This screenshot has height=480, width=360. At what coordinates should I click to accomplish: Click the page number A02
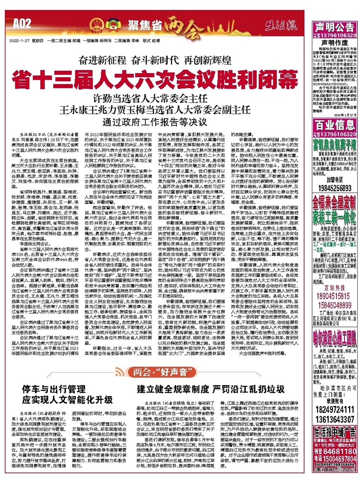pyautogui.click(x=22, y=22)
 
